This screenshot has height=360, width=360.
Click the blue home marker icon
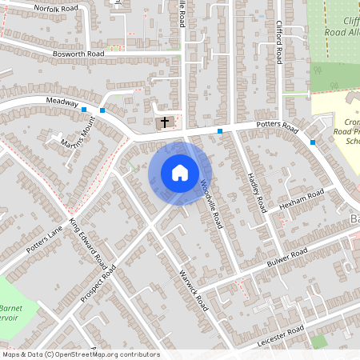tap(180, 172)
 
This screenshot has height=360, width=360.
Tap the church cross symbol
tap(165, 122)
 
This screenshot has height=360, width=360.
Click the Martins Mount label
tap(82, 132)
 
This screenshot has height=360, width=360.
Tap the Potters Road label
tap(277, 128)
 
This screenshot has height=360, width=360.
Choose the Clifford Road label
tap(279, 42)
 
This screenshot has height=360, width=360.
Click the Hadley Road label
tap(256, 192)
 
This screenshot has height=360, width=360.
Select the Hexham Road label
tap(302, 201)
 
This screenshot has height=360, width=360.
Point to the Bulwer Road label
tap(286, 258)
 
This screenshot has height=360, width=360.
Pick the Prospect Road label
tap(98, 283)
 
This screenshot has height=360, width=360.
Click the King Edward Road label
tap(88, 242)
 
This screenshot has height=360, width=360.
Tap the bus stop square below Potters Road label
tap(219, 131)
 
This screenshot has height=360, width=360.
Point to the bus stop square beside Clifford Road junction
tap(313, 142)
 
